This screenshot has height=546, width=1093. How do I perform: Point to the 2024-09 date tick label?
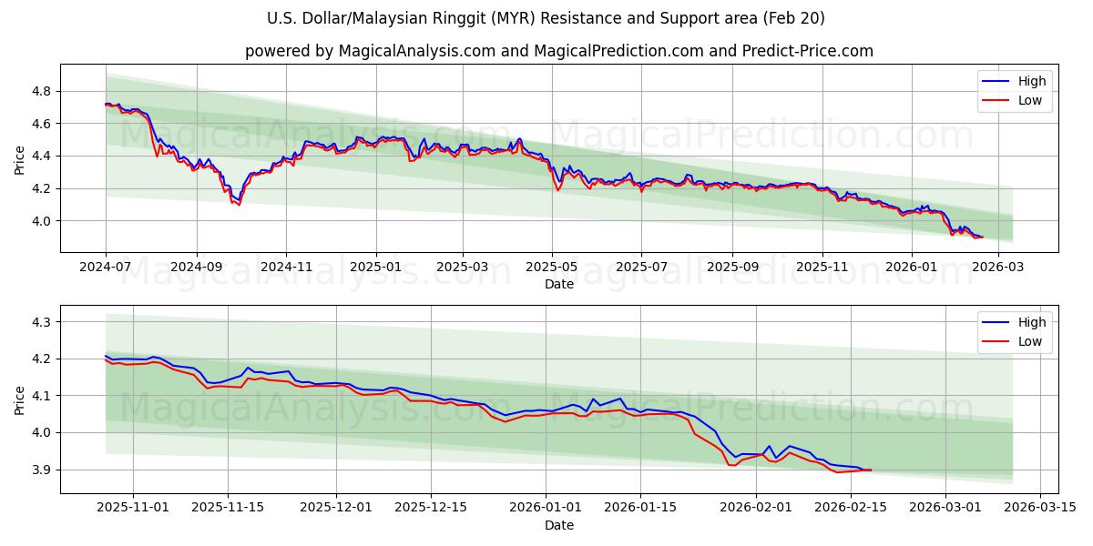click(196, 268)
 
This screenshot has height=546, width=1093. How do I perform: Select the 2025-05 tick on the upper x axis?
click(551, 268)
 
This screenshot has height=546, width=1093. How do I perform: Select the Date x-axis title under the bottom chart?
click(559, 525)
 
